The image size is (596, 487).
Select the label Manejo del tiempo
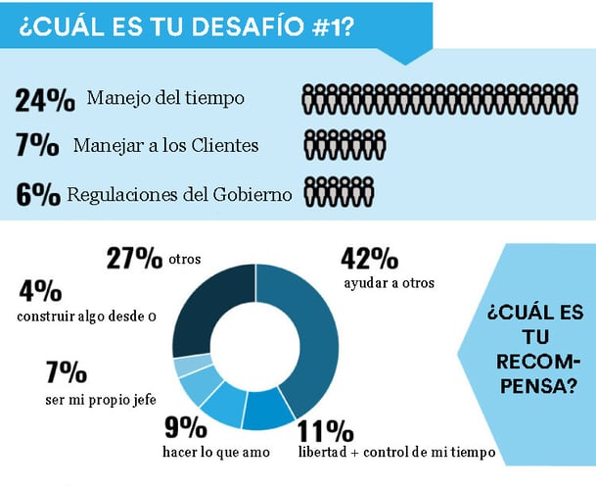pyautogui.click(x=165, y=97)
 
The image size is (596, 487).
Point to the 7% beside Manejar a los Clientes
pyautogui.click(x=37, y=145)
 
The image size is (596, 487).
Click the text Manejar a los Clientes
pyautogui.click(x=165, y=145)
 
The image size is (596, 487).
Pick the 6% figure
pyautogui.click(x=37, y=193)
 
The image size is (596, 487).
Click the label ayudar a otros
pyautogui.click(x=389, y=283)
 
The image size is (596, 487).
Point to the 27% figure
pyautogui.click(x=134, y=258)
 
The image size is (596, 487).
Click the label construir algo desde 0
pyautogui.click(x=87, y=316)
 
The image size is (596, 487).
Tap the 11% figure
pyautogui.click(x=326, y=431)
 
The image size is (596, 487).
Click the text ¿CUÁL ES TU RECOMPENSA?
pyautogui.click(x=534, y=348)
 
